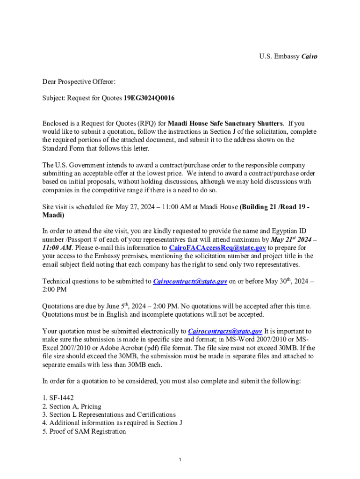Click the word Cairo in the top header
click(x=310, y=57)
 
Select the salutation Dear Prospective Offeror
click(x=79, y=82)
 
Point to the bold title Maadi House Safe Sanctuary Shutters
click(x=225, y=123)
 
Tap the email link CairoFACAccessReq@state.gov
click(x=217, y=247)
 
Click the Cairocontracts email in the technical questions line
click(x=190, y=281)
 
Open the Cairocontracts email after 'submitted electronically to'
click(x=225, y=331)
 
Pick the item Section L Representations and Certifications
click(x=112, y=414)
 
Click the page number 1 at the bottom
click(x=180, y=460)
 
